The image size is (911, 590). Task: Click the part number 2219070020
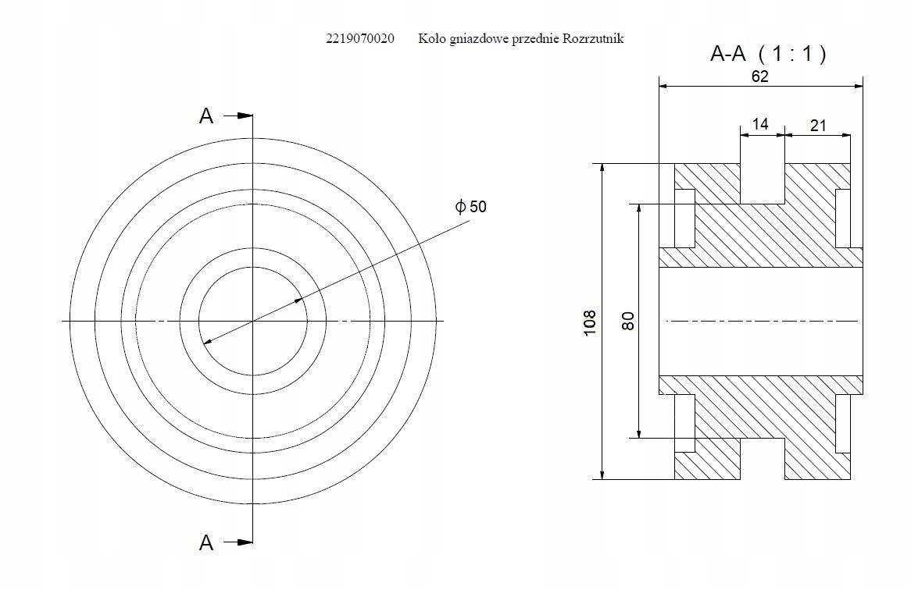point(360,38)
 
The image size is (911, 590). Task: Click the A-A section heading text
point(728,53)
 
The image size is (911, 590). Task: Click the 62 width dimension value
point(759,76)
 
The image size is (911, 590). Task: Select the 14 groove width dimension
point(759,124)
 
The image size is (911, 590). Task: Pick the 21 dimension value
point(817,125)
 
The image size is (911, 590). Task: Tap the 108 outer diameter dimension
point(590,322)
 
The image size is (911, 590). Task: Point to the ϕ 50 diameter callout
point(470,207)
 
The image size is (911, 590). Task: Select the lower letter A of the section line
point(206,542)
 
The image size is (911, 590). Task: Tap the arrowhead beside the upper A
point(244,116)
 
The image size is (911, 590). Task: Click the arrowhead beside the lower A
point(244,542)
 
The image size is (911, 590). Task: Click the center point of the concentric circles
point(252,321)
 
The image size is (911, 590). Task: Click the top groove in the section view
point(762,183)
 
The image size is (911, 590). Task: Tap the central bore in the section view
point(761,321)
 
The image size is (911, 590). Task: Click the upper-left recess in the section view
point(685,219)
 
